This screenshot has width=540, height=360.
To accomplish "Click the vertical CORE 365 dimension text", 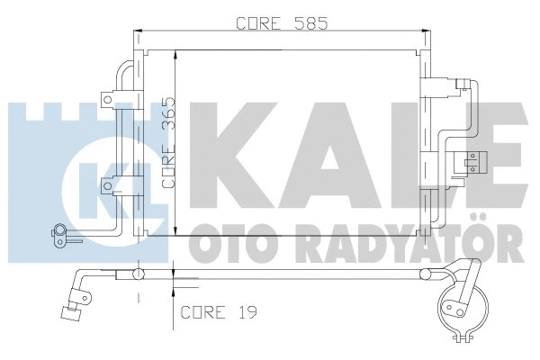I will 167,144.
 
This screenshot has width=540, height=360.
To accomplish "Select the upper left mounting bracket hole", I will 108,97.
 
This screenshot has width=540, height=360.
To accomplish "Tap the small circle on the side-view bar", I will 139,274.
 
